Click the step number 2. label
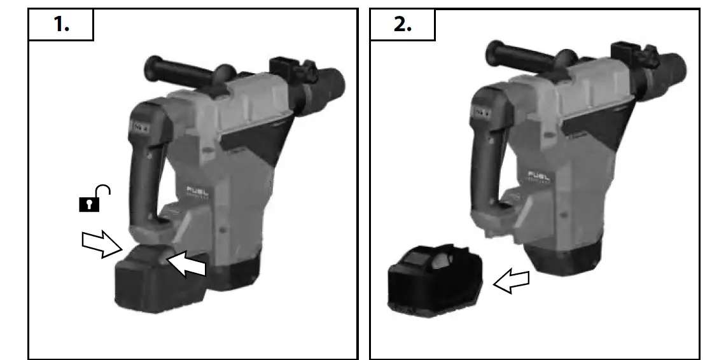point(402,25)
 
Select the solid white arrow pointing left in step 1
point(186,263)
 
